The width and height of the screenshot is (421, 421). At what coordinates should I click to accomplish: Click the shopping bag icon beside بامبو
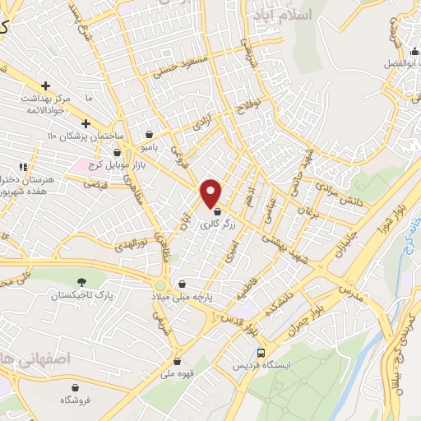tap(148, 133)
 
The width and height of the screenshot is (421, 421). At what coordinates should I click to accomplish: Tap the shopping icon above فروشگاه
tap(76, 386)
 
